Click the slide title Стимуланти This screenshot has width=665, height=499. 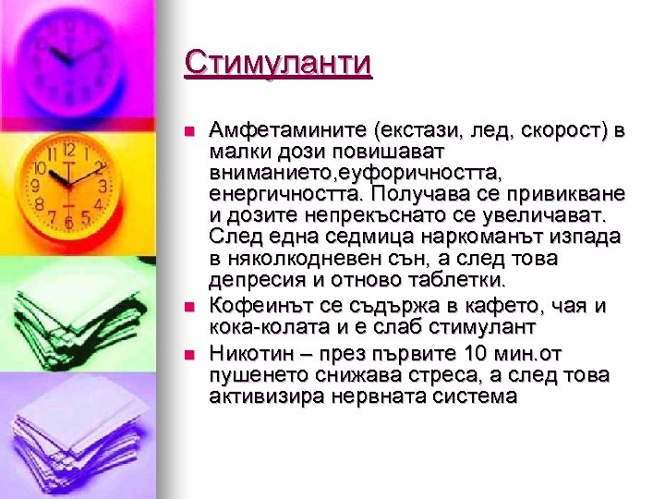tap(277, 63)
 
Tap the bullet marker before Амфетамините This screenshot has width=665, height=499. tap(189, 132)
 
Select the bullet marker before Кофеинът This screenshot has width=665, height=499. tap(189, 306)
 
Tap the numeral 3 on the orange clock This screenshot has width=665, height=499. tap(103, 186)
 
